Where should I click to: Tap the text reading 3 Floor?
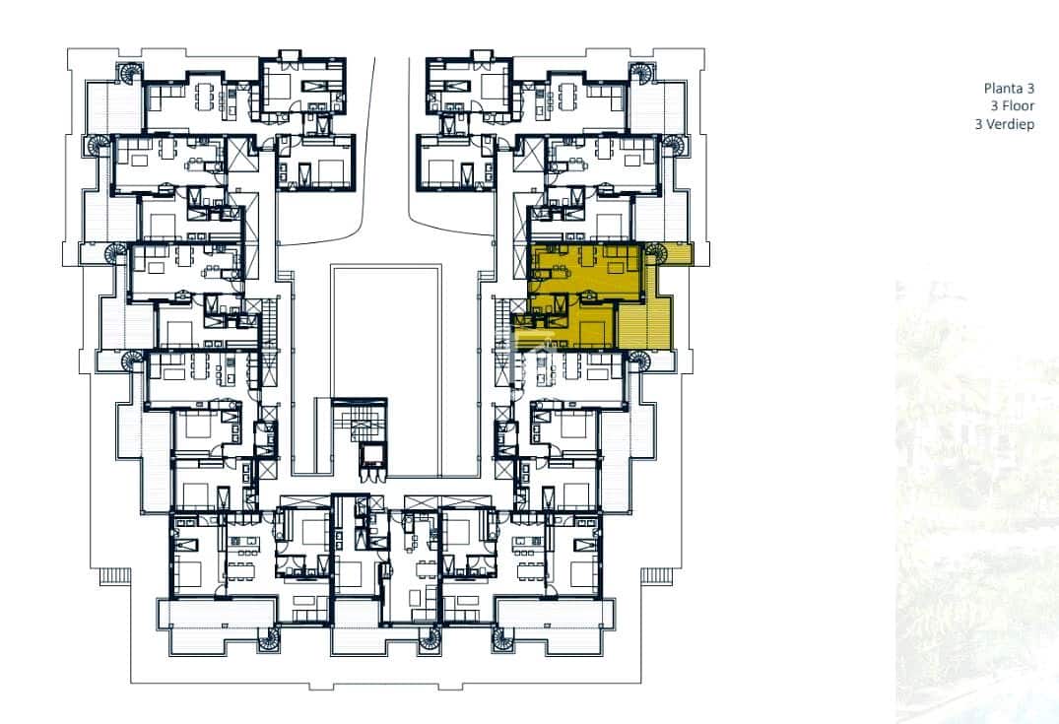[1013, 106]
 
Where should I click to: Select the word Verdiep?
[1010, 124]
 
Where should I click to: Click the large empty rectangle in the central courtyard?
[386, 331]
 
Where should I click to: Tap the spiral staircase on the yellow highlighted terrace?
[655, 253]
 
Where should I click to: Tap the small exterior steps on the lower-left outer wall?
[115, 576]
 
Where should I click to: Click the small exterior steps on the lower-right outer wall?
[656, 576]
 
